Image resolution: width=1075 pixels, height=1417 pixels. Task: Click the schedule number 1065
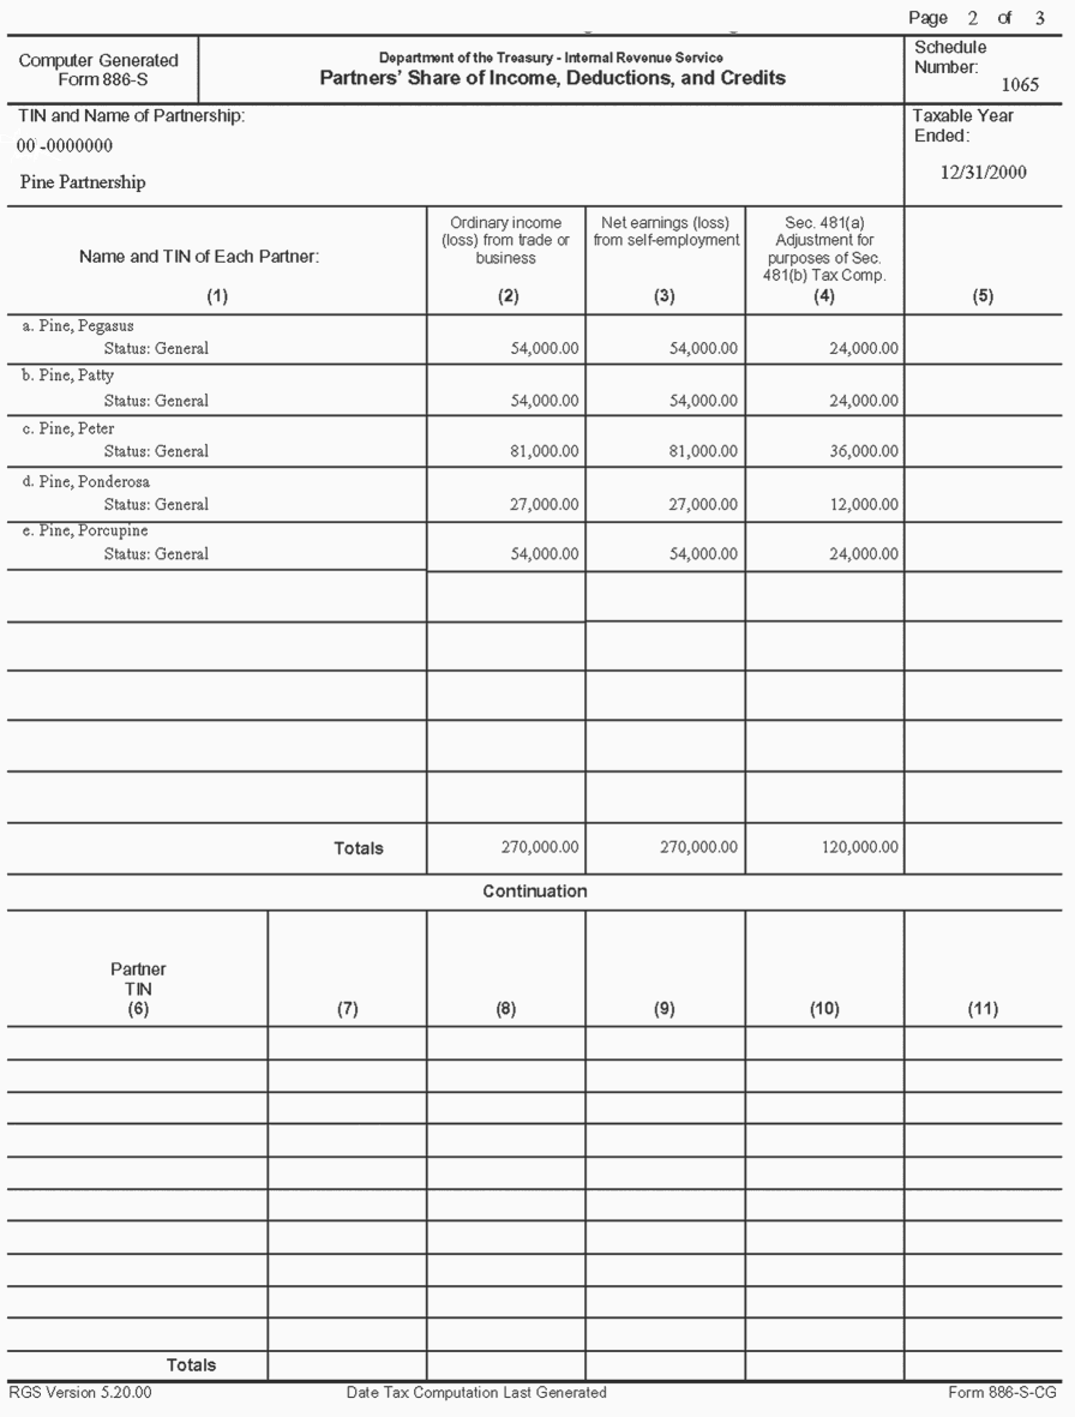(1019, 85)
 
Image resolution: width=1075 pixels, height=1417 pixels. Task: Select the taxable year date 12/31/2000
(983, 172)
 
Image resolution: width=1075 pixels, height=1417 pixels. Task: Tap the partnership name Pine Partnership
(83, 182)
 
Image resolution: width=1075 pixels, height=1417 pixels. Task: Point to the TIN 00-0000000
(65, 146)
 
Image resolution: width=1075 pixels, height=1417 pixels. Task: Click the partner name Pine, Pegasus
(85, 326)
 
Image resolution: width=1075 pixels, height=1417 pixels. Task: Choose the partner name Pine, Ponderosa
(94, 482)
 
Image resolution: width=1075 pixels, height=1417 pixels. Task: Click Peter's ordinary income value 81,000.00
(544, 451)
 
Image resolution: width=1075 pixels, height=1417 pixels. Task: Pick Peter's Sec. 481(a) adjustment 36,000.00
(863, 451)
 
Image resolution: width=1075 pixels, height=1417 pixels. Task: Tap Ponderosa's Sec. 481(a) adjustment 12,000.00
(863, 504)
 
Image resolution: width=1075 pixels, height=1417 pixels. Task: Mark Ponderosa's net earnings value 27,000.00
(703, 504)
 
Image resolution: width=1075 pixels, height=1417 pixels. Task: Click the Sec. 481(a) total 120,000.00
(859, 846)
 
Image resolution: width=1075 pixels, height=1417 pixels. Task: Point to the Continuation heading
(535, 891)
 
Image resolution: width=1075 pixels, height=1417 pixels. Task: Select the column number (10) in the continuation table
(824, 1008)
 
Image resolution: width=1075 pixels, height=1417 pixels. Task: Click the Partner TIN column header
(138, 988)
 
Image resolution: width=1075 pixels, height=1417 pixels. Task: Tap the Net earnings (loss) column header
(666, 231)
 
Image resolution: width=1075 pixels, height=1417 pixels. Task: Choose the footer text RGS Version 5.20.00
(80, 1392)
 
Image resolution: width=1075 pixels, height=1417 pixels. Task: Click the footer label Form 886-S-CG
(1002, 1392)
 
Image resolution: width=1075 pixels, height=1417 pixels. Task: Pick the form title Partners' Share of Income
(552, 78)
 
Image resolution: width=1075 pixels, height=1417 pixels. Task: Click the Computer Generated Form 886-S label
(98, 70)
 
